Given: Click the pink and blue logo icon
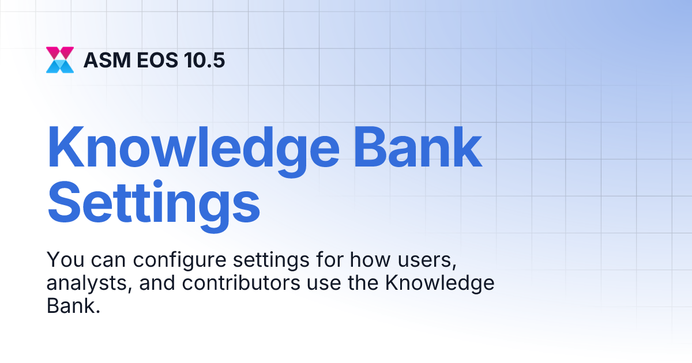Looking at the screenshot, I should tap(60, 60).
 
